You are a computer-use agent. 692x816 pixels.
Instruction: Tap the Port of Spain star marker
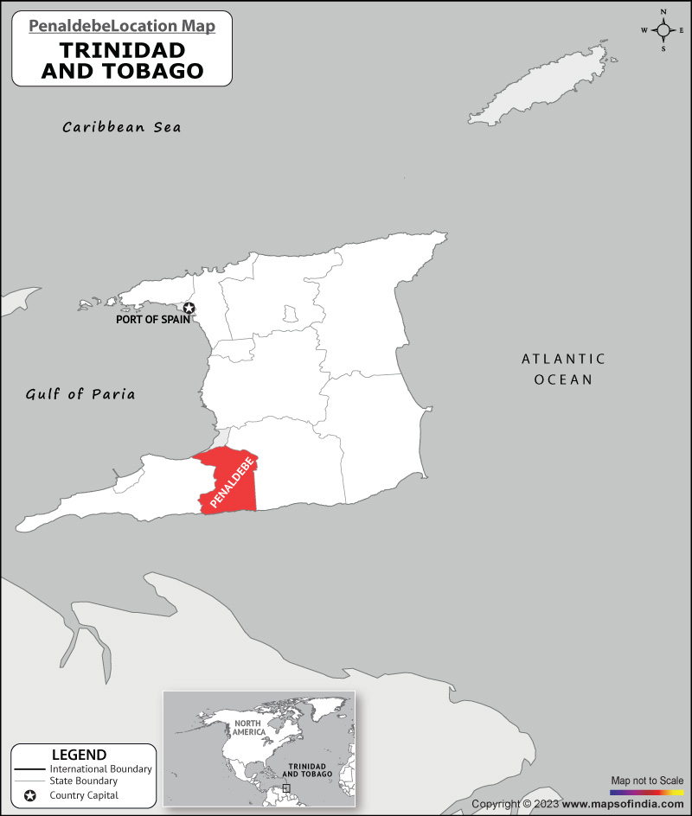click(x=189, y=309)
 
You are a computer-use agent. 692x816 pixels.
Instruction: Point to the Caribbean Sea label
click(x=122, y=127)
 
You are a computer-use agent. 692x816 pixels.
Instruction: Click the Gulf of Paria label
click(x=80, y=394)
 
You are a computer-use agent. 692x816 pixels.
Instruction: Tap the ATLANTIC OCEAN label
click(x=563, y=369)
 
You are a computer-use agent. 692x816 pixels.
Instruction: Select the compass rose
click(x=663, y=30)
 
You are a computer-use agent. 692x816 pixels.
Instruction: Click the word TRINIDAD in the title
click(x=122, y=51)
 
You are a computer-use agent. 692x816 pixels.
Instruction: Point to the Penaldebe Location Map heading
click(x=122, y=26)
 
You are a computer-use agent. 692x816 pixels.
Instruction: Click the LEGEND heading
click(x=79, y=755)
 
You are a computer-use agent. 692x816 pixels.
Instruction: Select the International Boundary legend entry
click(x=100, y=768)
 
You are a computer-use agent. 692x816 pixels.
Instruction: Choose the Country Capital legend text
click(x=84, y=795)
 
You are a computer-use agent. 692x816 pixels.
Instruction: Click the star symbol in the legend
click(x=30, y=795)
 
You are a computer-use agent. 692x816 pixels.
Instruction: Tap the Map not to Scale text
click(x=647, y=781)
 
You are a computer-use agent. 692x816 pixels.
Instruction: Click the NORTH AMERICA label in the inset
click(x=247, y=727)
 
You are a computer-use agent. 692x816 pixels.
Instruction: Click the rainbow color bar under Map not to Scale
click(x=647, y=792)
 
